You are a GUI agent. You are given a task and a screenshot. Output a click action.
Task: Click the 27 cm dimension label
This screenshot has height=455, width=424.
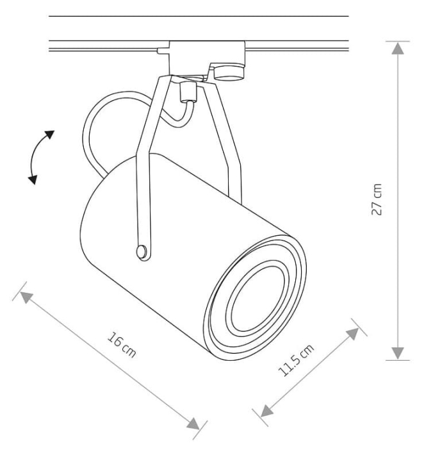pos(377,199)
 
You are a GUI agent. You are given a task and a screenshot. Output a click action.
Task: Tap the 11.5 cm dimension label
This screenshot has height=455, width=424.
pos(296,360)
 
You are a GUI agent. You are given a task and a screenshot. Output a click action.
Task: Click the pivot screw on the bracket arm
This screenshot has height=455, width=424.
pos(142,251)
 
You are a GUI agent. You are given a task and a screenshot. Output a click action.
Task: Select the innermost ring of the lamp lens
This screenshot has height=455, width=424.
pos(257,299)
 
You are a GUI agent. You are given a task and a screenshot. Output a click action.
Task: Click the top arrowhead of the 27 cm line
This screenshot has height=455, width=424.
pos(398,48)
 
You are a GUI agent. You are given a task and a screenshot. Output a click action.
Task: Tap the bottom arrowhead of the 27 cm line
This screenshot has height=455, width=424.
pos(398,353)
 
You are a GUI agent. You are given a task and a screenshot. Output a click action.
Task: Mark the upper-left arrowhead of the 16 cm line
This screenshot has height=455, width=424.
pos(26,298)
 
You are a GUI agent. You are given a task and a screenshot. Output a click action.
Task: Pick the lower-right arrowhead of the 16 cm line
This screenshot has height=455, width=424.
pos(193,424)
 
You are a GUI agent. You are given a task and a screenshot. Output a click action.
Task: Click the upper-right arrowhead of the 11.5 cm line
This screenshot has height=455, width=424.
pos(353,334)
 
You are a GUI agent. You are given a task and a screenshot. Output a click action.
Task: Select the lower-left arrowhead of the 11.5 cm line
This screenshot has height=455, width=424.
pos(267,411)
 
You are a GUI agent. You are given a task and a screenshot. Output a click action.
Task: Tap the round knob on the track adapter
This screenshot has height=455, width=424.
pos(229,72)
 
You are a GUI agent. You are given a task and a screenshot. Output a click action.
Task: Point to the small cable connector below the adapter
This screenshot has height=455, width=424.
pos(188,92)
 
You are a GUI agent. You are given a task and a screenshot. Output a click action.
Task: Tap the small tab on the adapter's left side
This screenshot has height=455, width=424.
pos(163,51)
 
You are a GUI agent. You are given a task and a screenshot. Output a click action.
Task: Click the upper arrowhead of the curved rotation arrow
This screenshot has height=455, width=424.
pos(49,135)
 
